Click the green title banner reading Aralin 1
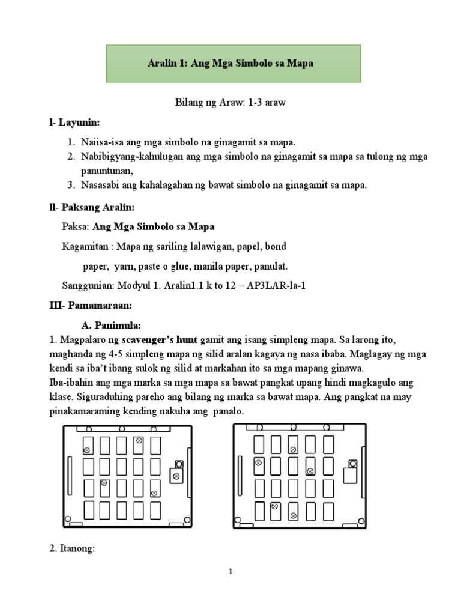pyautogui.click(x=234, y=63)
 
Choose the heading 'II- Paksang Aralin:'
pyautogui.click(x=92, y=207)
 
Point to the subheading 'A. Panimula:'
pyautogui.click(x=111, y=326)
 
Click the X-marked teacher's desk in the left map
pyautogui.click(x=176, y=476)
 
